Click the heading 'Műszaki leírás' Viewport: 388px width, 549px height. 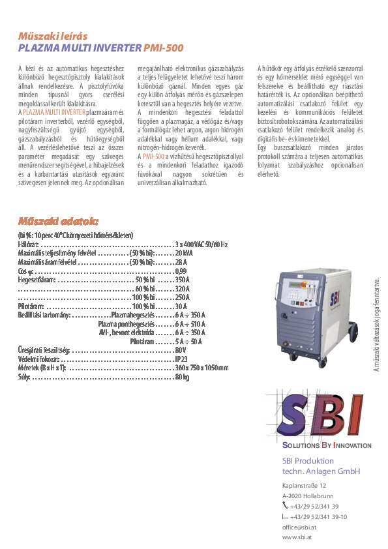point(52,36)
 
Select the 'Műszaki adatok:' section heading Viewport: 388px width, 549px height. point(59,220)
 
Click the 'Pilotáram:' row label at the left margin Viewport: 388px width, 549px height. point(31,306)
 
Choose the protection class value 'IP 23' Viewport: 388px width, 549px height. point(181,359)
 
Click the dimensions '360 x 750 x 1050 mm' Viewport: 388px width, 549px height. point(201,368)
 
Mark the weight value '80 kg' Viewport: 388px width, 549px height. point(182,377)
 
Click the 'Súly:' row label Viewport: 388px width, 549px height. point(24,377)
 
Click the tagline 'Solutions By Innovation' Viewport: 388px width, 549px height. point(326,446)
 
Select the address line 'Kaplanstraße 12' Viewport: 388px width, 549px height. point(304,485)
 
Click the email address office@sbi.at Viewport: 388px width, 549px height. point(299,527)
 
